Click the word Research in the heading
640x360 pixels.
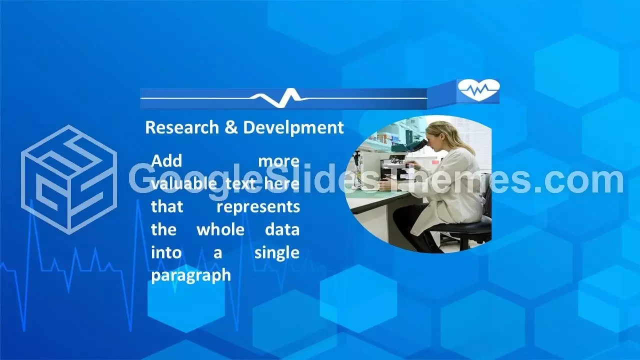tap(182, 127)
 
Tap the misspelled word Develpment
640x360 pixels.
tap(293, 128)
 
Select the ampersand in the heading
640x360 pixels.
tap(231, 127)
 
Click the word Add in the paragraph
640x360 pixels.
tap(166, 161)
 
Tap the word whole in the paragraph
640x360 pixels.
tap(220, 229)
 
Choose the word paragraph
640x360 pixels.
tap(191, 276)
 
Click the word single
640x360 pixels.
tap(277, 253)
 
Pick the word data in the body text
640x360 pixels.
tap(282, 229)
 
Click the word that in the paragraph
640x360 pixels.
tap(167, 207)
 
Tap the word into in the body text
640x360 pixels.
tap(166, 253)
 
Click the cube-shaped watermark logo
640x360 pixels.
tap(69, 179)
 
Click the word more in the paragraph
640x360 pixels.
tap(279, 161)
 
